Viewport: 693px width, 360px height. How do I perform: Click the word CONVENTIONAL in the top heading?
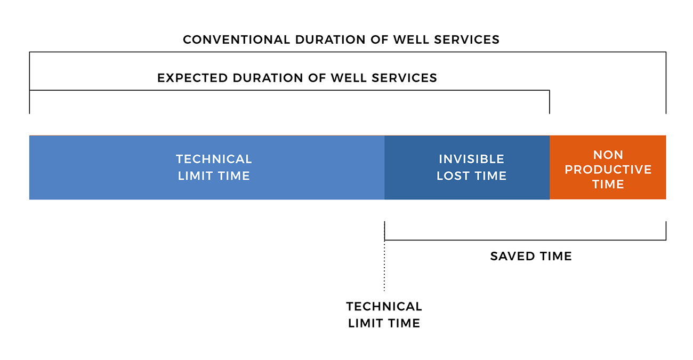[x=236, y=39]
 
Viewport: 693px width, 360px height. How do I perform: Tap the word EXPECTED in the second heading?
[x=192, y=78]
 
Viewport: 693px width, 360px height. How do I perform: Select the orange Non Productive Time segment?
[x=608, y=167]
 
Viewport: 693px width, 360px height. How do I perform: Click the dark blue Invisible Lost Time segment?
[x=467, y=167]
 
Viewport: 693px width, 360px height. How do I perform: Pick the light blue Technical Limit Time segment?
[x=207, y=167]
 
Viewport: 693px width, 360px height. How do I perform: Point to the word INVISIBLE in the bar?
[x=471, y=159]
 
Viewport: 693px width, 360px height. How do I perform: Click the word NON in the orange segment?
[x=608, y=155]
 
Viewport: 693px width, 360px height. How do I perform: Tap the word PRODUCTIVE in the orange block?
[x=608, y=169]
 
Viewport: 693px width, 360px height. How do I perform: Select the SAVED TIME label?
[x=531, y=256]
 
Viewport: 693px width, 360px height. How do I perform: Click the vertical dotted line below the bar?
[x=384, y=257]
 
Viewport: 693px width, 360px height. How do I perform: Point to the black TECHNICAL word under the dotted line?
[x=384, y=307]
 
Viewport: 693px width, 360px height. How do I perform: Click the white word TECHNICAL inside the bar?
[x=214, y=159]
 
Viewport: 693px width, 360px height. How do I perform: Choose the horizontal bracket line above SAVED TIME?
[x=525, y=240]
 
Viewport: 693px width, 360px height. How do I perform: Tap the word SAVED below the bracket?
[x=512, y=256]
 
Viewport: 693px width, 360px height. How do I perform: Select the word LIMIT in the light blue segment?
[x=195, y=176]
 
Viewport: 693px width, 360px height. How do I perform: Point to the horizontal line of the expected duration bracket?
[x=289, y=90]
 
